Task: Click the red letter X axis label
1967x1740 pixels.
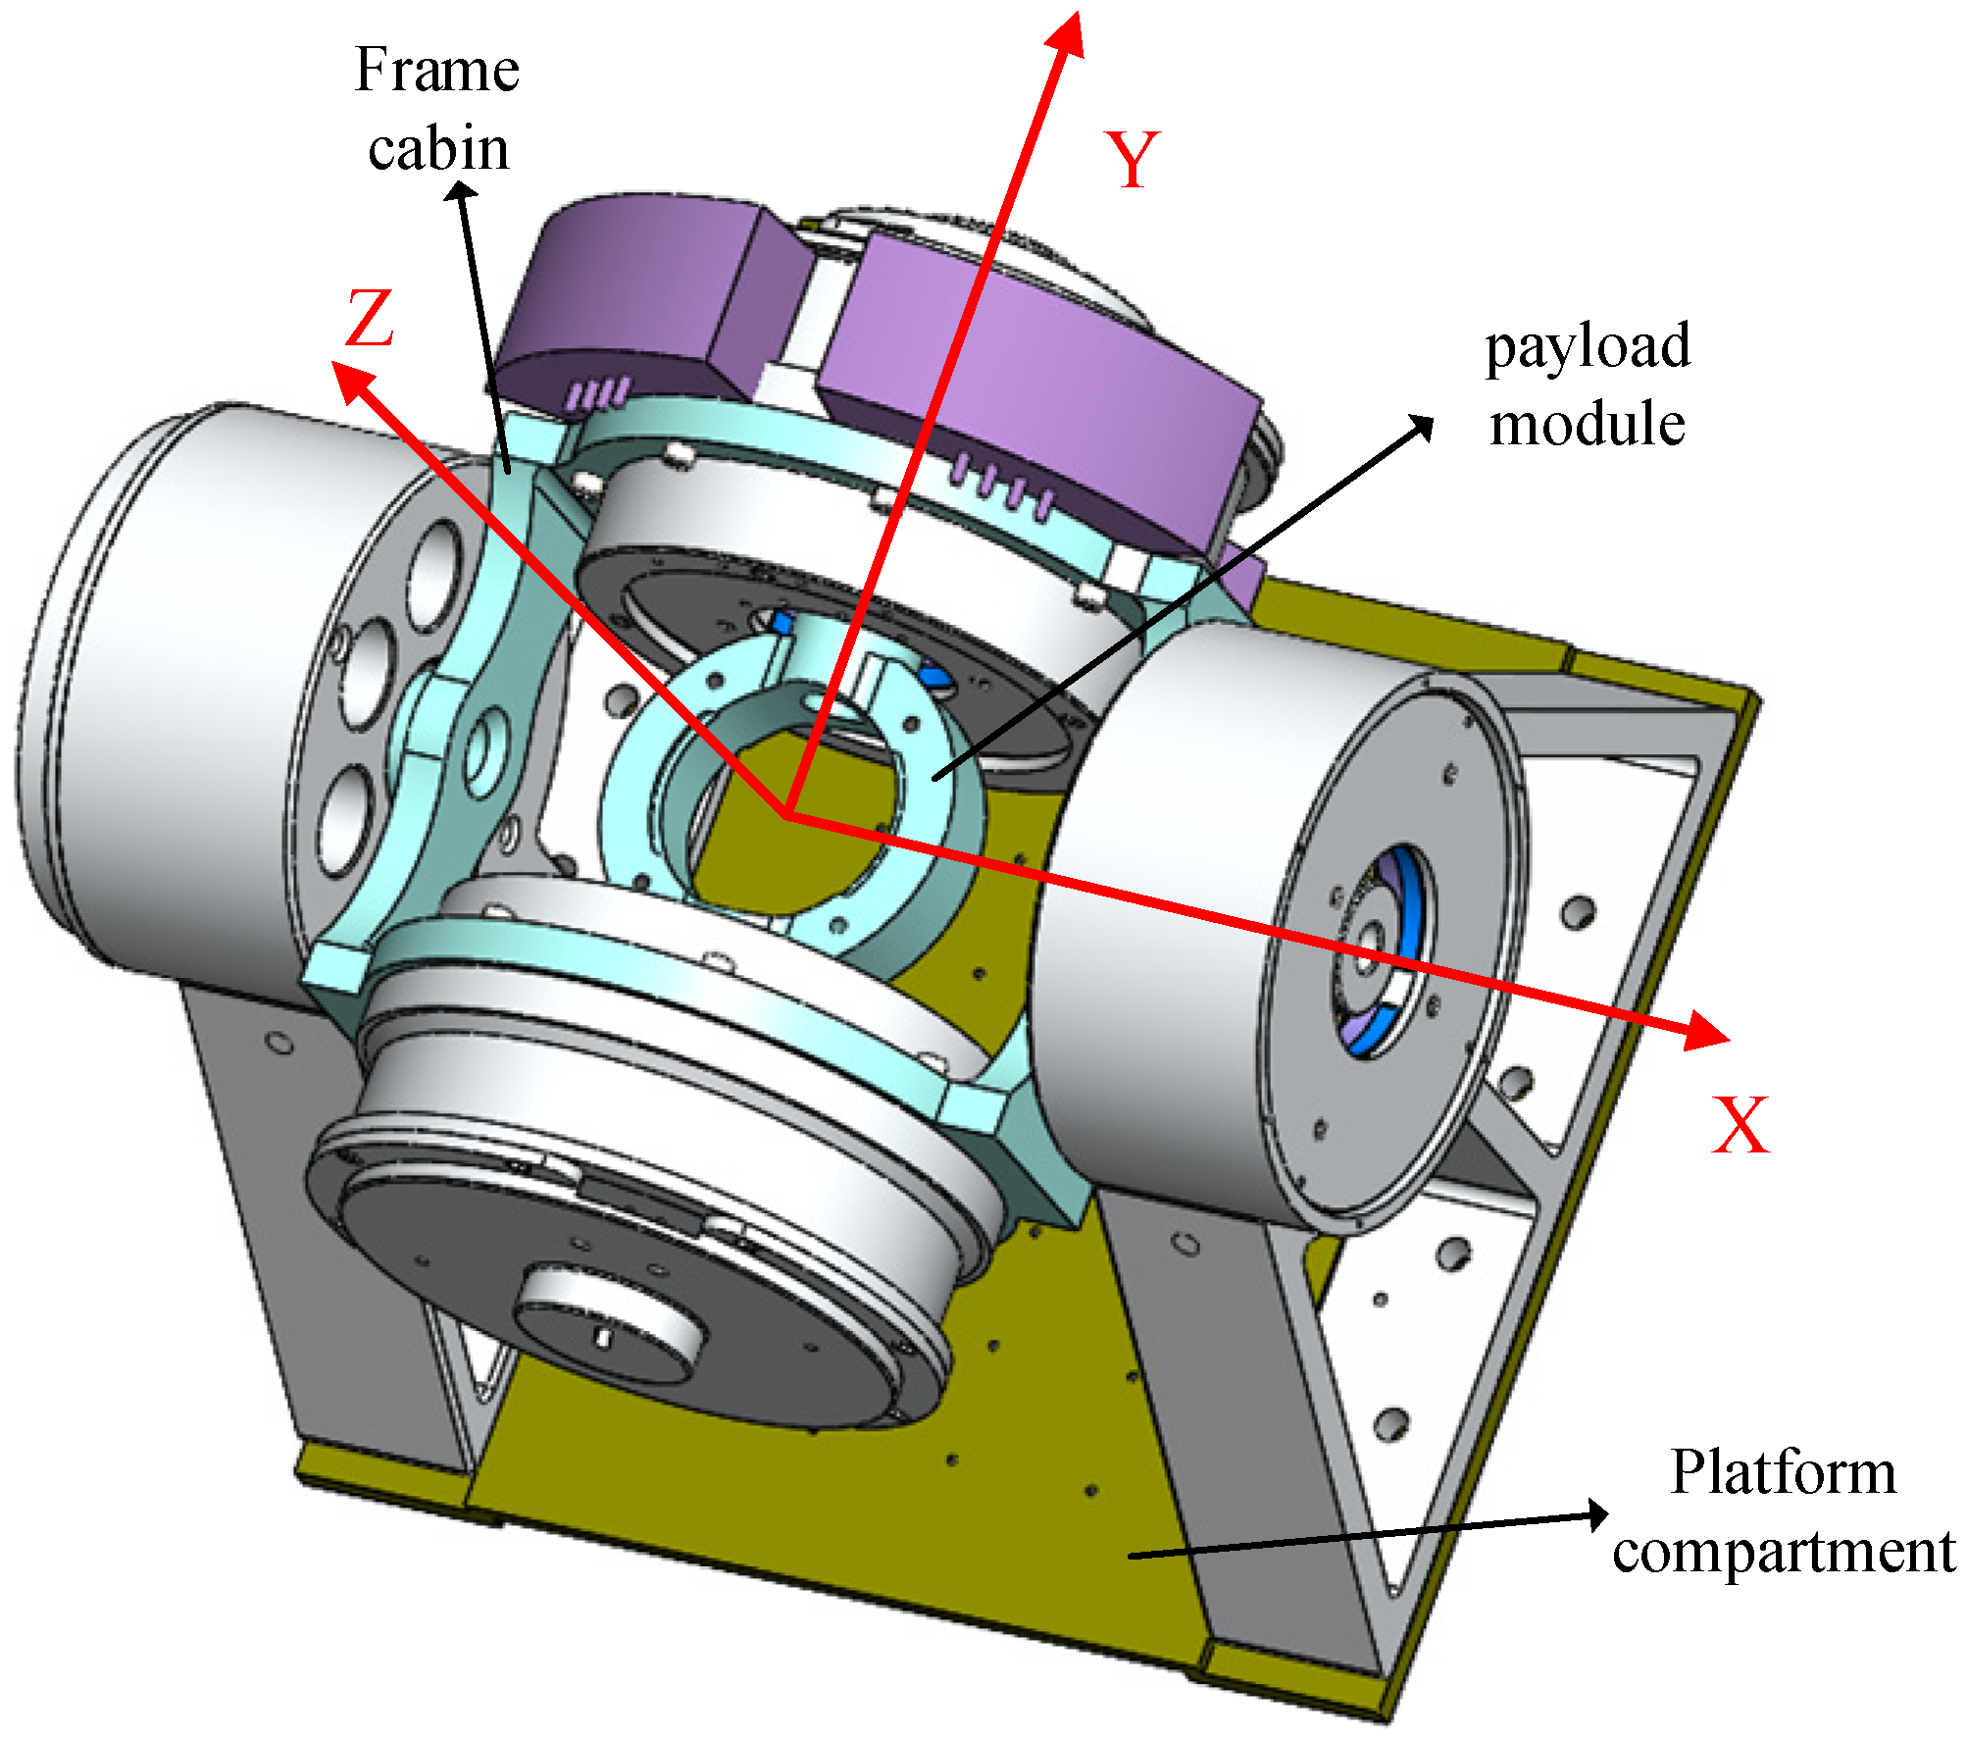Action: point(1740,1125)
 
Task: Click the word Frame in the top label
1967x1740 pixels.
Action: point(436,71)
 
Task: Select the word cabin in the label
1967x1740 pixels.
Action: point(438,149)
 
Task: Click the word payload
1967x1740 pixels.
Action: point(1587,347)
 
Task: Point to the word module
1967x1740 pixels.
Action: point(1587,424)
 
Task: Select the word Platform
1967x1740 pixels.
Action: point(1783,1472)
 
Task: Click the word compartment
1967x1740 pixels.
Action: point(1784,1552)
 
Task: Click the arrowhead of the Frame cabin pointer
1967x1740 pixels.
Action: point(460,191)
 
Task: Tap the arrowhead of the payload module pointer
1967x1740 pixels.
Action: point(1422,426)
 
